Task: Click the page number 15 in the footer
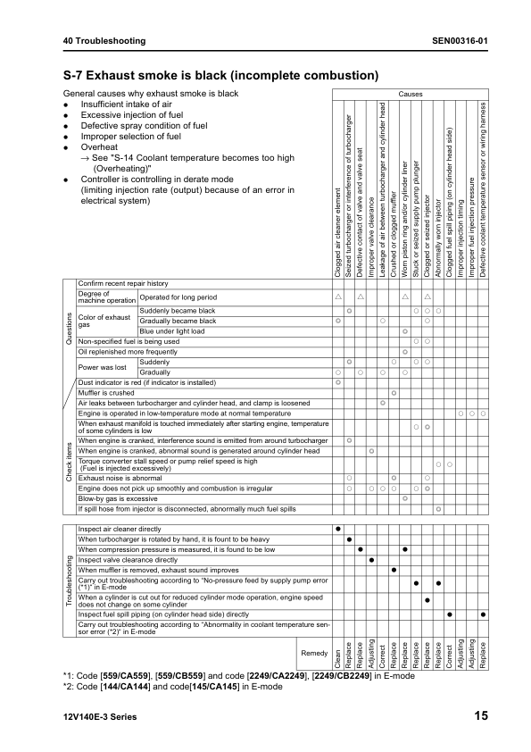480,715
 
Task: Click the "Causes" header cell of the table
411,94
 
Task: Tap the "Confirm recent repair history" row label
122,283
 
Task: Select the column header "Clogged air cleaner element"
338,231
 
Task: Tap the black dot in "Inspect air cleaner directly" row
338,529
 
